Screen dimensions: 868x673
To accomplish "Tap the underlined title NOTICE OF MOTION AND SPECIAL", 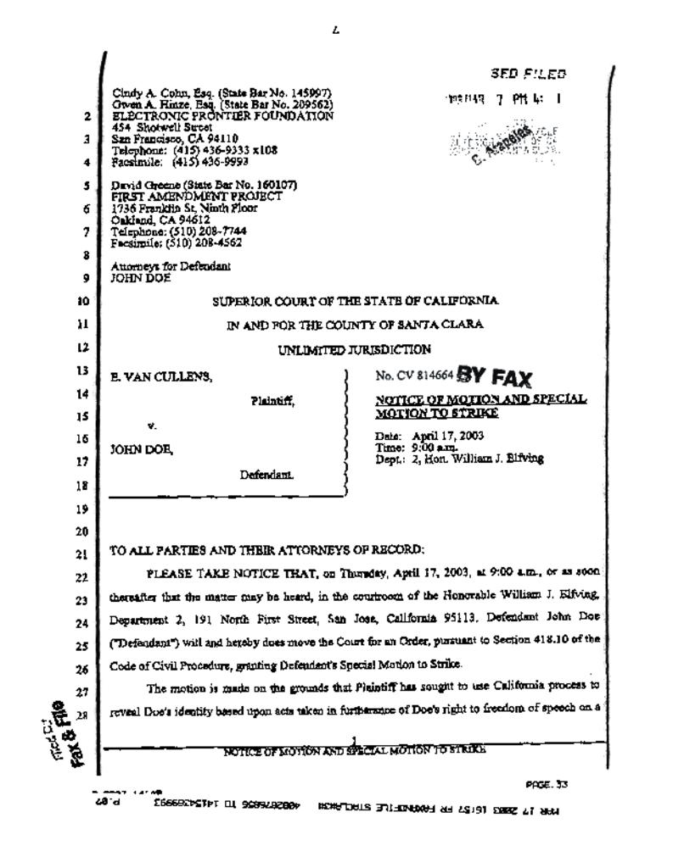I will point(480,399).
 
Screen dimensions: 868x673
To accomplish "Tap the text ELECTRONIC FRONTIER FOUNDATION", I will point(222,115).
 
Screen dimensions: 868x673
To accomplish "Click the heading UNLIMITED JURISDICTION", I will point(355,348).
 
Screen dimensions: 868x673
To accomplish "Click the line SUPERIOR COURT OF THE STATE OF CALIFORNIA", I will point(356,301).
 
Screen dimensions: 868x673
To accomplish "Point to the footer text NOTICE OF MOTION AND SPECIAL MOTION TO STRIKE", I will point(355,752).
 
